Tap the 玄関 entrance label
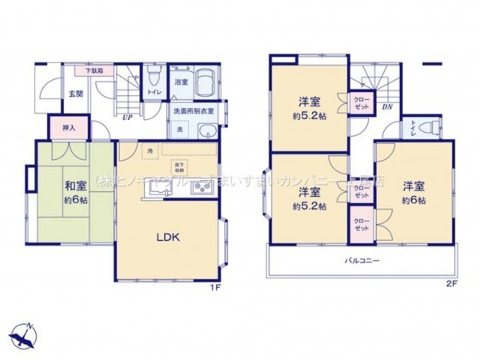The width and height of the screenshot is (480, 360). pos(74,94)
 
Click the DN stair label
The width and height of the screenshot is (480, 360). pos(387,106)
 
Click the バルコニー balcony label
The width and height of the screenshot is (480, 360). pos(362,262)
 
